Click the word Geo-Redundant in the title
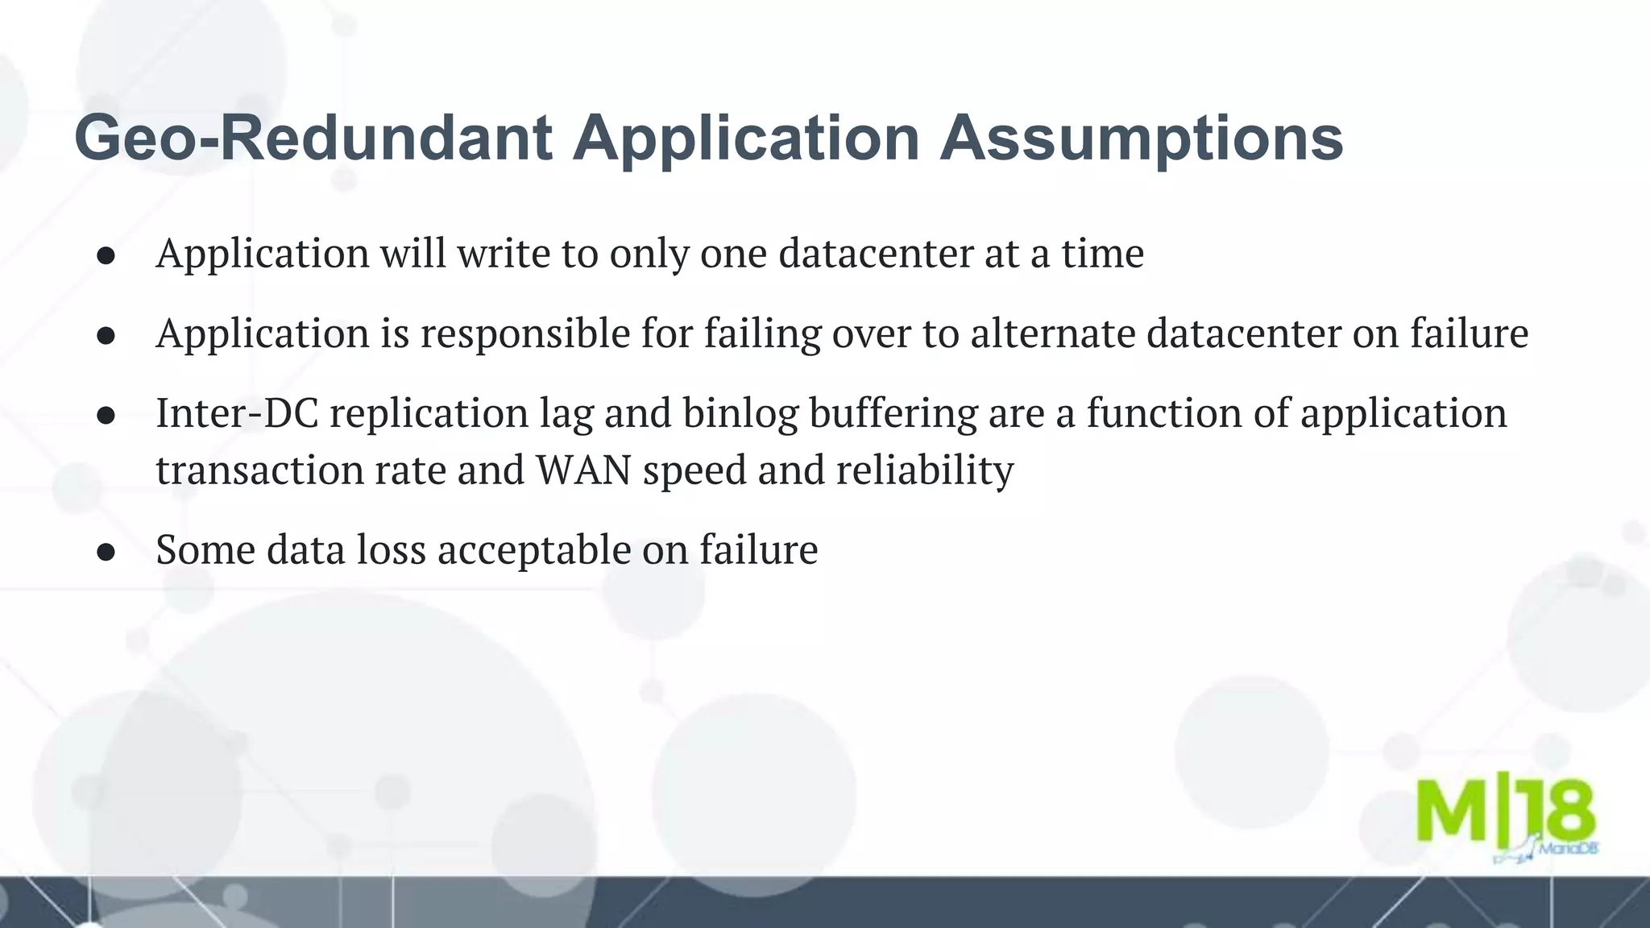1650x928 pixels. coord(313,139)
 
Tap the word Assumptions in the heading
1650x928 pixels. coord(1142,139)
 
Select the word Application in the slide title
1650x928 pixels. coord(746,139)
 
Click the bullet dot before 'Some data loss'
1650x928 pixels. coord(106,552)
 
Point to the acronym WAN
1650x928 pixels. coord(583,470)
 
